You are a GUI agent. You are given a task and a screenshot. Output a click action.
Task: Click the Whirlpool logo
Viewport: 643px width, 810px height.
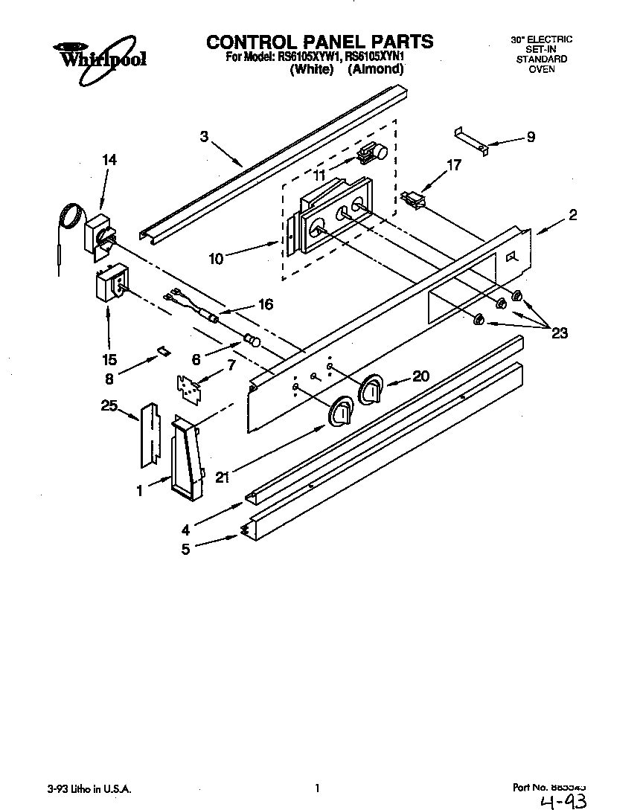[99, 54]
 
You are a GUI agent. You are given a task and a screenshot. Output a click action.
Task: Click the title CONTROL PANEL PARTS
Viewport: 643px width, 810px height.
[320, 41]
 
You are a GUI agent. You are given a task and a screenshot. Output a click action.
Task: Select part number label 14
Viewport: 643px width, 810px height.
[109, 159]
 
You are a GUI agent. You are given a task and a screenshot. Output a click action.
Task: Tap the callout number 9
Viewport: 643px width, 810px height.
[531, 137]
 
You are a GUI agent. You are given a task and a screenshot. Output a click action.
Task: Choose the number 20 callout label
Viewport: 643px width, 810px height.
[420, 376]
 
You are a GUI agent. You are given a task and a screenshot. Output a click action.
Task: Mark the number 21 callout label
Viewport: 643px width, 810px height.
[221, 478]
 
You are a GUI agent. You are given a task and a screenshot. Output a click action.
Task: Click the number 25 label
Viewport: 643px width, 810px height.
[109, 405]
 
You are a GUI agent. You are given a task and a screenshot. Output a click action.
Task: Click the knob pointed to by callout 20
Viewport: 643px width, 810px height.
[371, 389]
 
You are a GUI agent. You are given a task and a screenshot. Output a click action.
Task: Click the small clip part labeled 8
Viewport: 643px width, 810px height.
[160, 350]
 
